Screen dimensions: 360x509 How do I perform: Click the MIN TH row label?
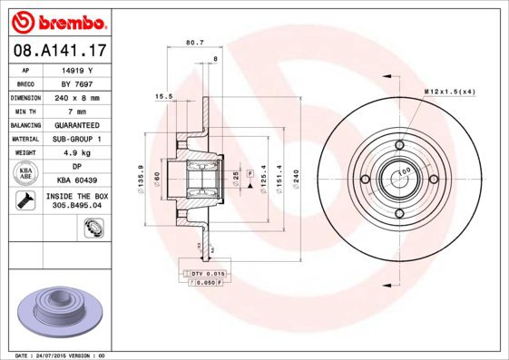[26, 111]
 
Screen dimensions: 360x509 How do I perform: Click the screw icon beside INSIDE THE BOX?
[25, 200]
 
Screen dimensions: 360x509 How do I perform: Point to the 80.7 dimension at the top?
[193, 42]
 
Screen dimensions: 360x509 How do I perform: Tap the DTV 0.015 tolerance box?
[206, 272]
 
